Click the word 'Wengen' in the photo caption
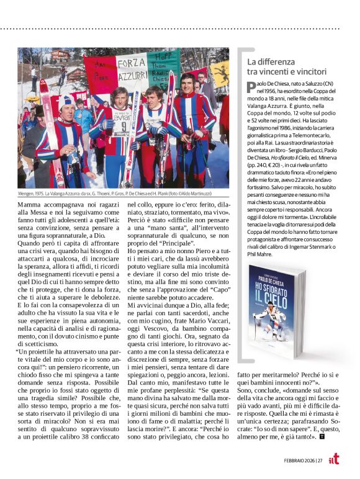point(28,194)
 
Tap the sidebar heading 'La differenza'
point(271,62)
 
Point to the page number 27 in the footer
point(319,460)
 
